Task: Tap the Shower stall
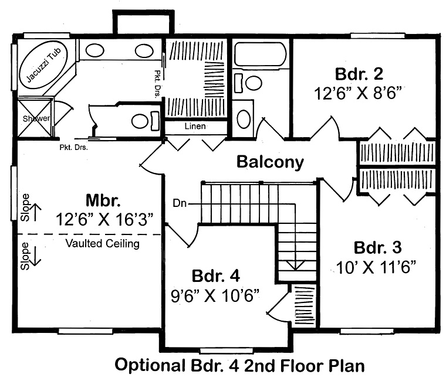click(34, 118)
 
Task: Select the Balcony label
click(270, 162)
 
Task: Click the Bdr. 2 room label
click(359, 74)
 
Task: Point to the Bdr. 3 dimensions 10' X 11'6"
click(377, 267)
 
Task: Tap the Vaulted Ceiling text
click(102, 243)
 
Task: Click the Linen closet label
click(195, 127)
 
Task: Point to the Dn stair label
click(180, 203)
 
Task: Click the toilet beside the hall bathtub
click(252, 83)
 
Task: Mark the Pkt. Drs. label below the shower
click(73, 147)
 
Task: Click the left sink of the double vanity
click(95, 51)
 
